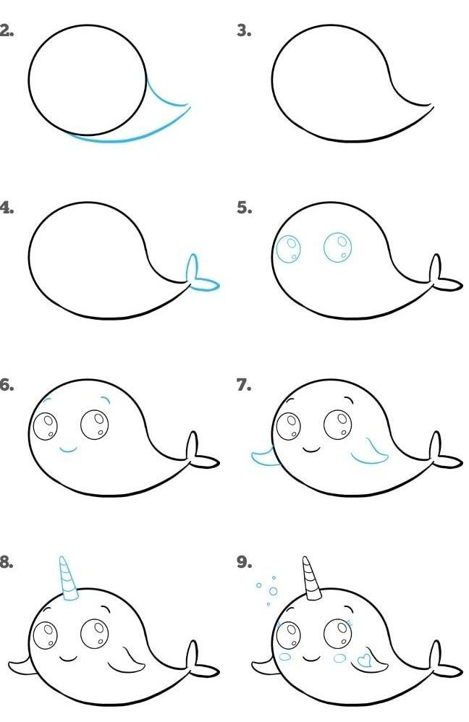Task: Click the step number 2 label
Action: [6, 31]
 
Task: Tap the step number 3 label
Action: [244, 31]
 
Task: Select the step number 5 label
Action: [244, 208]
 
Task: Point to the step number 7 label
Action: [244, 385]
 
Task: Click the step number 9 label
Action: [244, 562]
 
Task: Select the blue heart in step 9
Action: [364, 661]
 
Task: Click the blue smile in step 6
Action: [69, 449]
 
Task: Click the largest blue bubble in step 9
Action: [273, 591]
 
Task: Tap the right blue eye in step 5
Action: [337, 247]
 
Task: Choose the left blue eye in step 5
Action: [288, 249]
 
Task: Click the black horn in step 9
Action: [312, 579]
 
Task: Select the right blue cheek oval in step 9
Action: [339, 658]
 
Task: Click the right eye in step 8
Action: [94, 634]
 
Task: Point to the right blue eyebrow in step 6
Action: [106, 399]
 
